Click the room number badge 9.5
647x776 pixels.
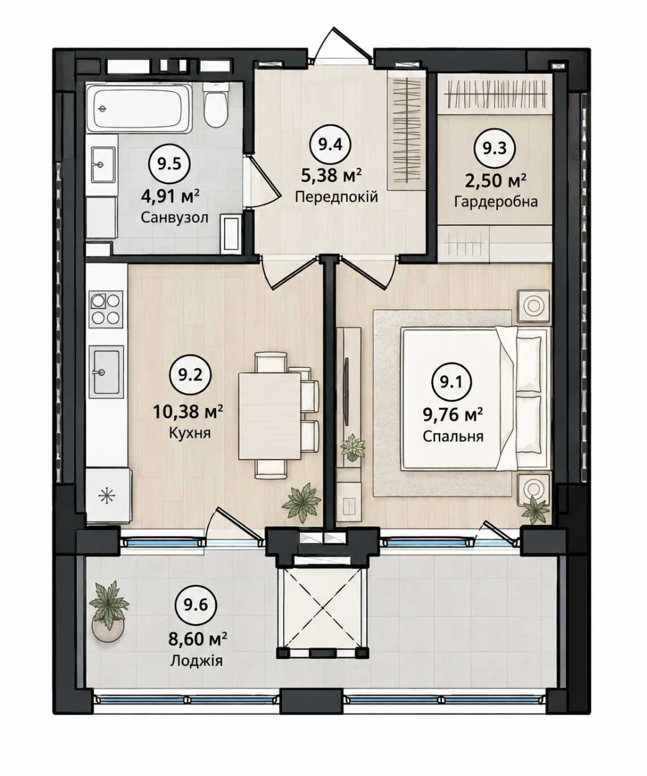tap(169, 164)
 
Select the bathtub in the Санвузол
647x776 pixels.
tap(139, 108)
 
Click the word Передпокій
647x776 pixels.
tap(337, 196)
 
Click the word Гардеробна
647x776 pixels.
tap(496, 202)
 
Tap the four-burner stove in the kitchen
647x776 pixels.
tap(106, 310)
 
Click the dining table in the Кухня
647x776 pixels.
tap(270, 416)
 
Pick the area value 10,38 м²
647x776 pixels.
tap(188, 412)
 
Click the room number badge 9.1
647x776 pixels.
tap(452, 383)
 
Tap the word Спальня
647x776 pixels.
tap(453, 436)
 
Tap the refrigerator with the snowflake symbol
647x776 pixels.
tap(109, 497)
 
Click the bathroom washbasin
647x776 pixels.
tap(103, 165)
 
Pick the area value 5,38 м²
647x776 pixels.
tap(332, 175)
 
